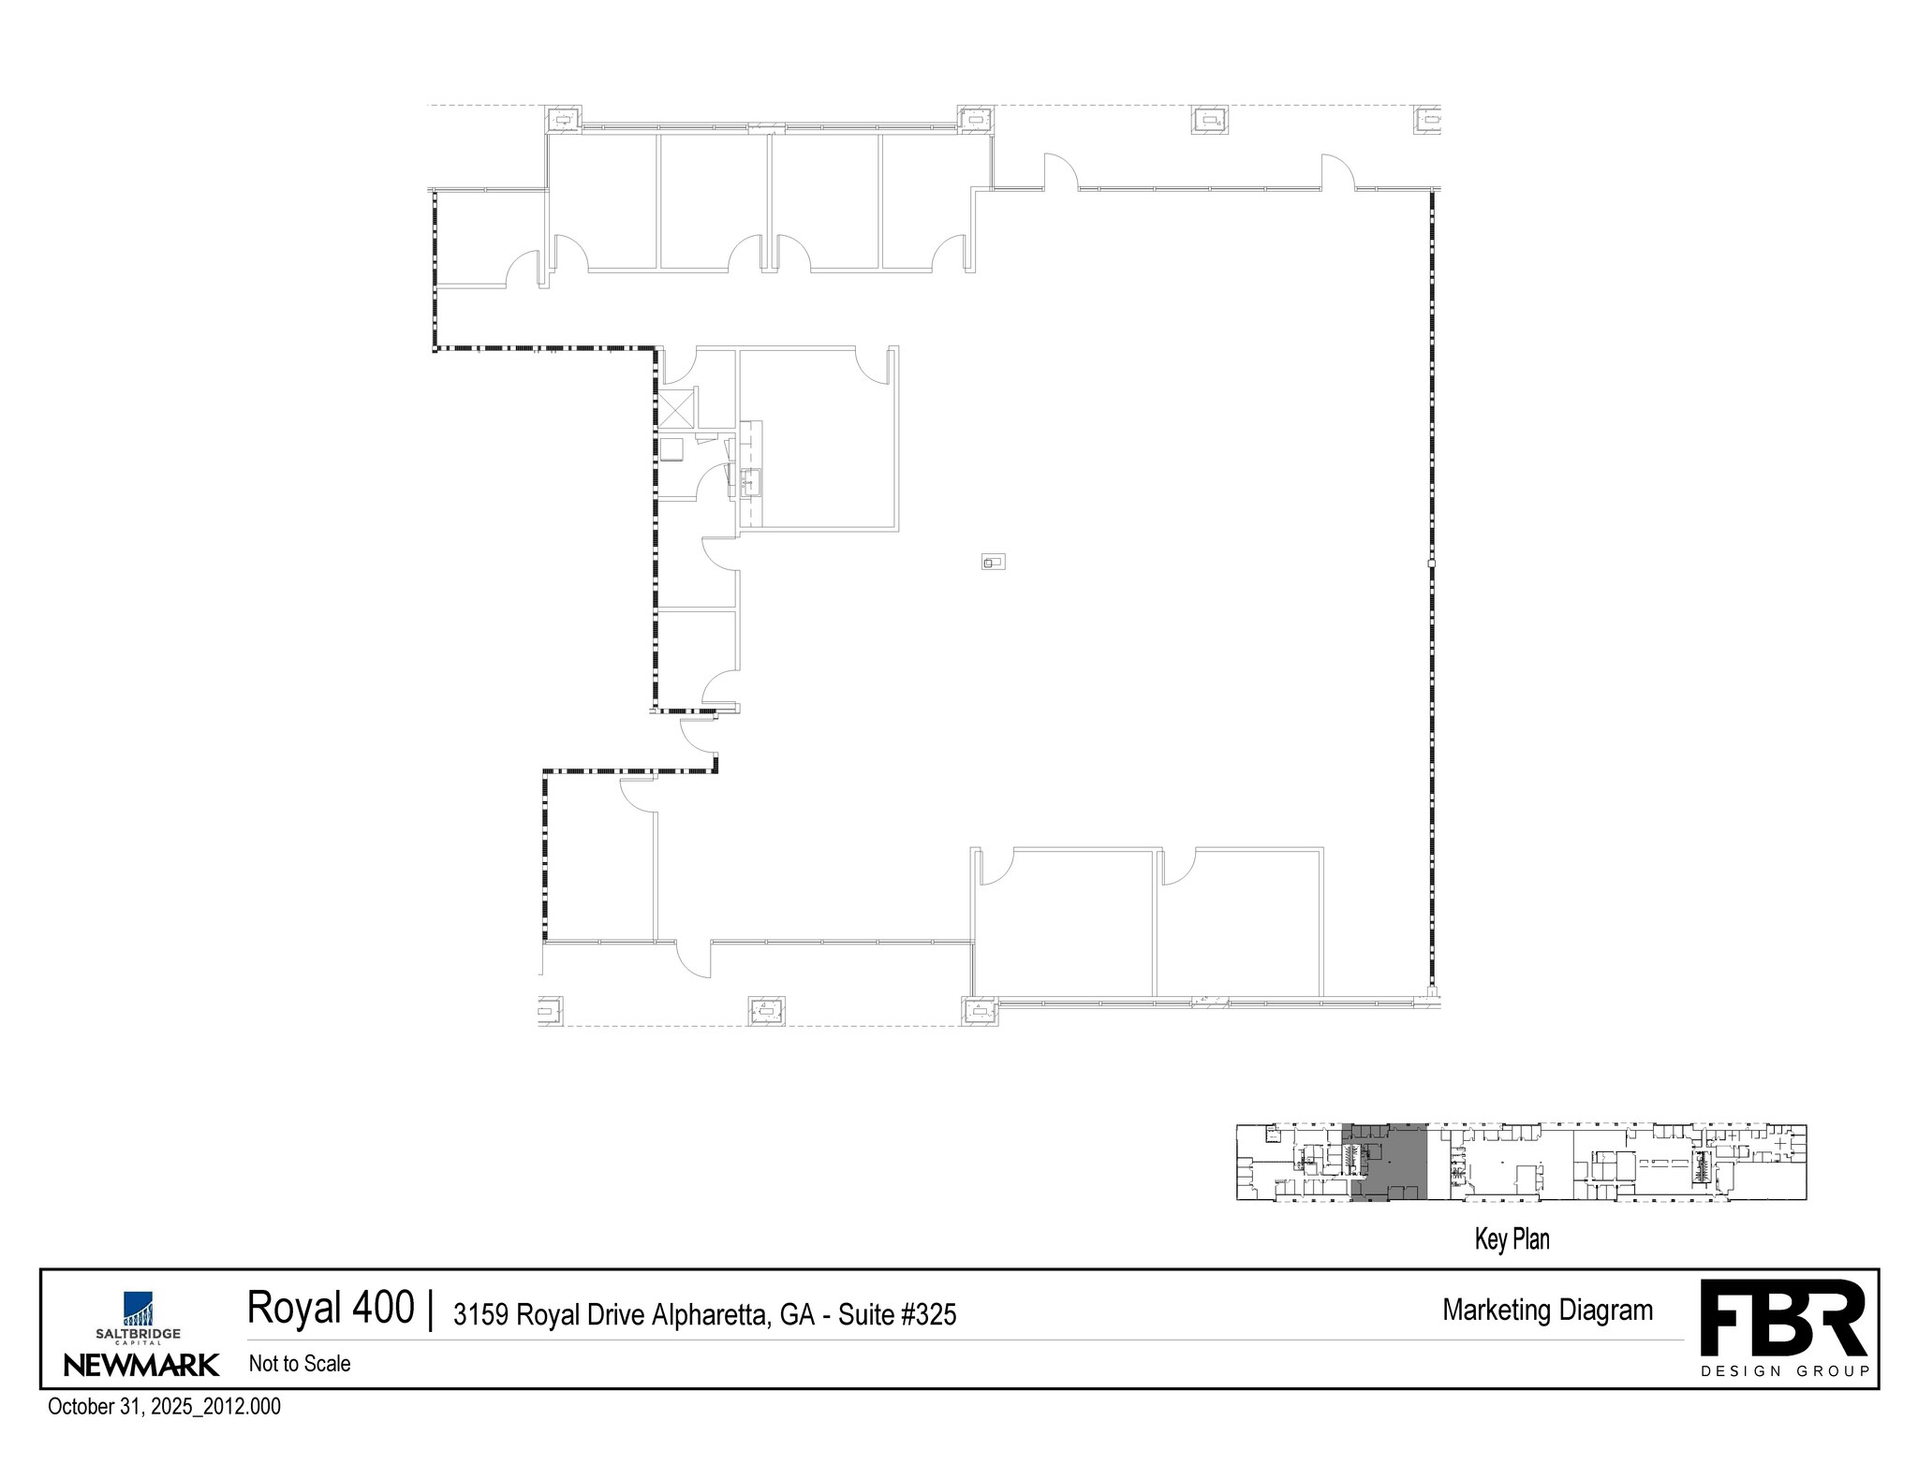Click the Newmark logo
[x=140, y=1364]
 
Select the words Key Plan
[x=1512, y=1239]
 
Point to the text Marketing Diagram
[x=1547, y=1310]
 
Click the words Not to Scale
[x=300, y=1364]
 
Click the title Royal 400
[x=330, y=1308]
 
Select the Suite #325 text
[x=897, y=1315]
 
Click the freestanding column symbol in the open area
[x=993, y=562]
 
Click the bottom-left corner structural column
[x=550, y=1011]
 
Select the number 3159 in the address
[x=480, y=1315]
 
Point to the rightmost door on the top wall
[x=1337, y=173]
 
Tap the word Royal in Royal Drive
[x=546, y=1315]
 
